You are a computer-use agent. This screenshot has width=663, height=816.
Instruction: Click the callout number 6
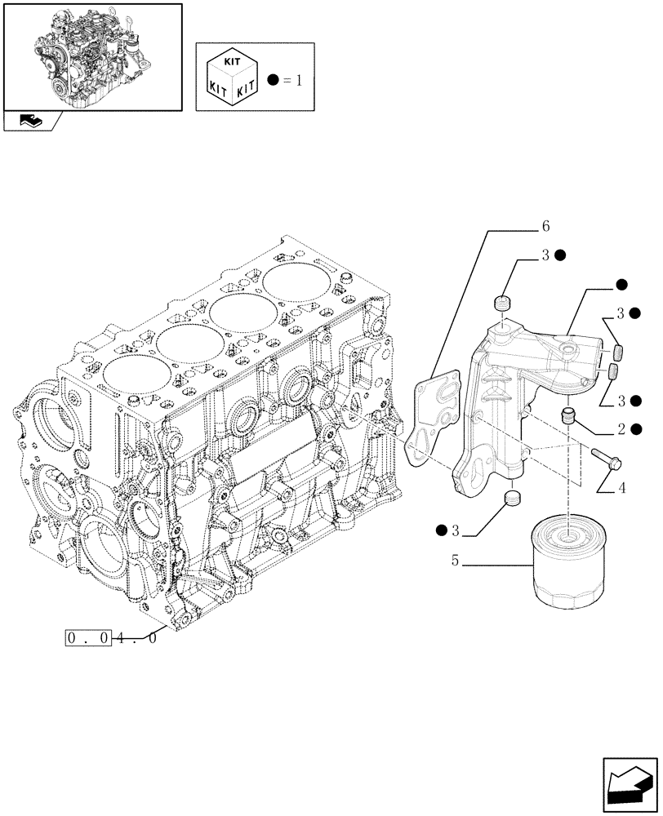point(545,226)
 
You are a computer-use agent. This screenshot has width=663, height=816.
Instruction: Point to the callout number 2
point(621,428)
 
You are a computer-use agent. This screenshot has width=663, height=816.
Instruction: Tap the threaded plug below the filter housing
point(512,499)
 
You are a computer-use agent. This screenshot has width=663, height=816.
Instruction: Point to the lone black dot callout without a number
point(621,285)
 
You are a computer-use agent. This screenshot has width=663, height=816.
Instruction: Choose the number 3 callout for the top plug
point(544,255)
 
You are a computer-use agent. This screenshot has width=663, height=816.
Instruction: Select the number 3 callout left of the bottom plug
point(456,531)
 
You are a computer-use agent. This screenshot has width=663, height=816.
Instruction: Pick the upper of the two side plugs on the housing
point(618,353)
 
